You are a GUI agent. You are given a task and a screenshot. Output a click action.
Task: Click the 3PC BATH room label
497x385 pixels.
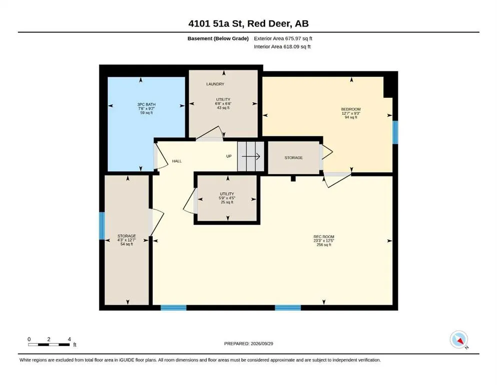[146, 104]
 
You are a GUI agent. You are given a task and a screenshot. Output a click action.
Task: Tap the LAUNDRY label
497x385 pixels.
[215, 84]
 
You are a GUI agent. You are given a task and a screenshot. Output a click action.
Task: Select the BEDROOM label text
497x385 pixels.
[351, 109]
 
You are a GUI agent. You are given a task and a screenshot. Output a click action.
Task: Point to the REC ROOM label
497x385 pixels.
[324, 237]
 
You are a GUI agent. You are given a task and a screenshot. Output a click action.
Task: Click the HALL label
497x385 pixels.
[177, 161]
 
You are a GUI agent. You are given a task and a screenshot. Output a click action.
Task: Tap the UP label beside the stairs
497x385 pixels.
[229, 156]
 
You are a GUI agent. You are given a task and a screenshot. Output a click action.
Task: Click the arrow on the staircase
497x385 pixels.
[251, 156]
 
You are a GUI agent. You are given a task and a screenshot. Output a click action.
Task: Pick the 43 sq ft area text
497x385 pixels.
[223, 108]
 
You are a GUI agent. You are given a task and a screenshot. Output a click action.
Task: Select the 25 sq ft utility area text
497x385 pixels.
[227, 202]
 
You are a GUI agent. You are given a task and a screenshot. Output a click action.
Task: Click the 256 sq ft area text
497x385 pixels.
[324, 245]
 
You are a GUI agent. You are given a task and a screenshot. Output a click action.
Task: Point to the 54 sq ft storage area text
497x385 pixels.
[127, 244]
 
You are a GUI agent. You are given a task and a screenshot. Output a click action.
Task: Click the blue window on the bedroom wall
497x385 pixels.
[395, 132]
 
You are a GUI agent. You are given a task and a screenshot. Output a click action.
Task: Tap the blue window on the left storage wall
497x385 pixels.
[102, 226]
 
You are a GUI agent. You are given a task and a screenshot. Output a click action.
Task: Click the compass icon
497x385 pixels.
[459, 339]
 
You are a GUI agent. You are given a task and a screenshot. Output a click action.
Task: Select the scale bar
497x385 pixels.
[49, 345]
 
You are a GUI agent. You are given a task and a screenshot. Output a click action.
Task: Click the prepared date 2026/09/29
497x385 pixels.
[262, 343]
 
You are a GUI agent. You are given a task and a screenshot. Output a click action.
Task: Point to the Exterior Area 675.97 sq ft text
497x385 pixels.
[283, 39]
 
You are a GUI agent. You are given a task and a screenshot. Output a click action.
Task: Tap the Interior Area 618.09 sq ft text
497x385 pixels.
[282, 47]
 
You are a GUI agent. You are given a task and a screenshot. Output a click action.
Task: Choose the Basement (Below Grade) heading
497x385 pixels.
[218, 39]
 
